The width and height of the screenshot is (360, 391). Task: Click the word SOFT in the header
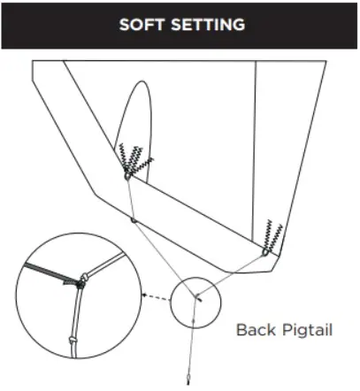142,24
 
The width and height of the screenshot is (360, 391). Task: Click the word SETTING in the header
208,24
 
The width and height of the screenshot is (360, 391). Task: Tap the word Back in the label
257,329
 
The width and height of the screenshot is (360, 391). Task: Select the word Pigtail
308,330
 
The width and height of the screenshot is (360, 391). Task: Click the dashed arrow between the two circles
157,297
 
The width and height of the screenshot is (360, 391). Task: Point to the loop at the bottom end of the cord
188,379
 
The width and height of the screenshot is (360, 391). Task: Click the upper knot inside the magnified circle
84,277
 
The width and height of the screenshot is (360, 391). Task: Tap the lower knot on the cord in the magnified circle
73,340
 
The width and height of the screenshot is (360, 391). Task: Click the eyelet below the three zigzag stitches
127,176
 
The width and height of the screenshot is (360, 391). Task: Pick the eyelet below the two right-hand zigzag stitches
265,252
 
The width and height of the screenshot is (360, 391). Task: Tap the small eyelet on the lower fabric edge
134,220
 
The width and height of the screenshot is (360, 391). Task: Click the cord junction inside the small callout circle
195,296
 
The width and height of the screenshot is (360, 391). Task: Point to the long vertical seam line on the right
254,150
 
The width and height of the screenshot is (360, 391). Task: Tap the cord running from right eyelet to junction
231,274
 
